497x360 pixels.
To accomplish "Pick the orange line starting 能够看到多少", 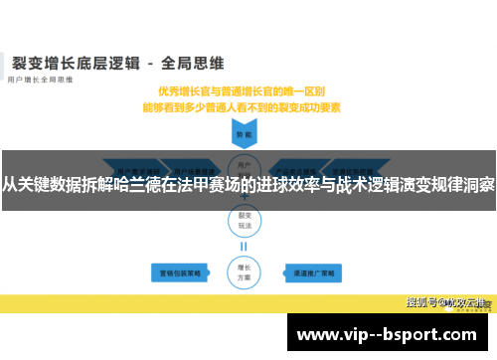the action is click(x=244, y=105).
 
